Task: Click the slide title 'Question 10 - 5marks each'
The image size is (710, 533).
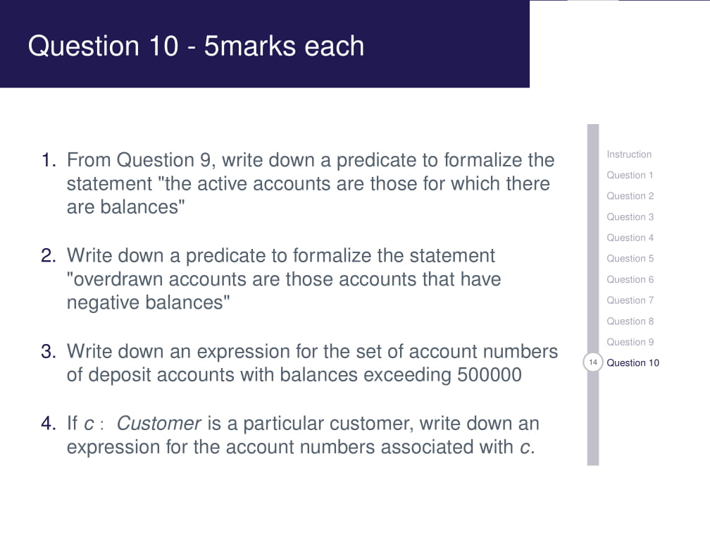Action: click(196, 47)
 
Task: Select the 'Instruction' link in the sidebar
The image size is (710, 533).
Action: click(628, 154)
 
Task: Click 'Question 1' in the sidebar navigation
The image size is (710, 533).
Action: click(630, 175)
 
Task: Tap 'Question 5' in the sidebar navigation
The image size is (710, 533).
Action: click(630, 259)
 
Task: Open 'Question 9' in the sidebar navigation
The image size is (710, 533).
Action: click(630, 342)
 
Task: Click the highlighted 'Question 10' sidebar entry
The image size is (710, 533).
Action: click(633, 362)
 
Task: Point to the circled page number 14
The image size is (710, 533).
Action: click(593, 362)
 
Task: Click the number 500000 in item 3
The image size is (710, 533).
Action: click(490, 374)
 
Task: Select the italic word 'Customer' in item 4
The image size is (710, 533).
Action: click(159, 424)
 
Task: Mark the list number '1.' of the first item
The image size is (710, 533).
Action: click(49, 160)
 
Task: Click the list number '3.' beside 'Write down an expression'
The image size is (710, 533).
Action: click(49, 351)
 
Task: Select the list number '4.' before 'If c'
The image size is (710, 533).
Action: click(49, 424)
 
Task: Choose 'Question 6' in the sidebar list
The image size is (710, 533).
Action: click(630, 279)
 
